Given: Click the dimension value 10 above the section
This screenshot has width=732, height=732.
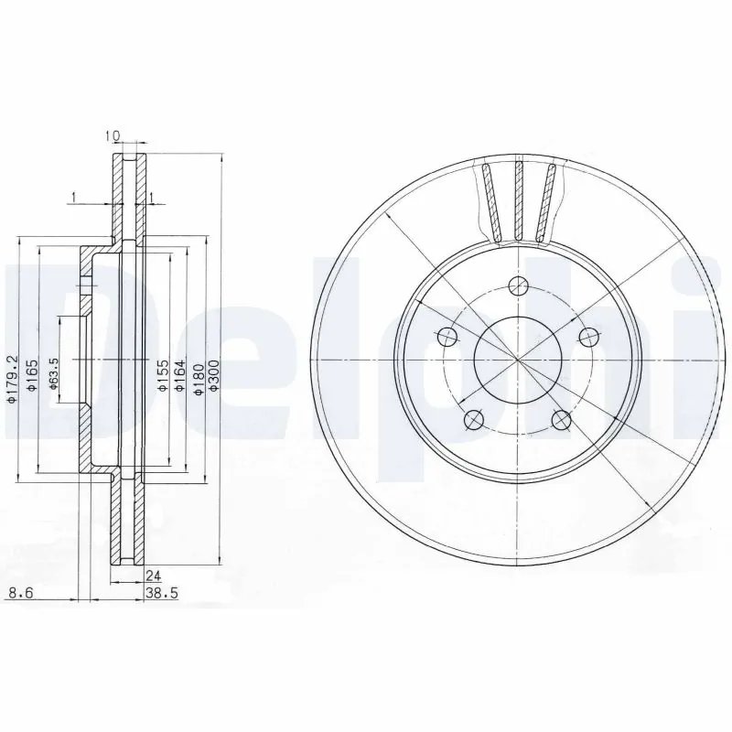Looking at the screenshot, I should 113,136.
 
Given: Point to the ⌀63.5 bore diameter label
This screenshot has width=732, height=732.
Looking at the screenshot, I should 55,377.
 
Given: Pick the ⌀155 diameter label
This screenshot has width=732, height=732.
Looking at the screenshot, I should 162,376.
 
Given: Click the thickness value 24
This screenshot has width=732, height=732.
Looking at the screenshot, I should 154,576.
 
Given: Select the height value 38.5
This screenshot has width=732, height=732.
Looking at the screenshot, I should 160,594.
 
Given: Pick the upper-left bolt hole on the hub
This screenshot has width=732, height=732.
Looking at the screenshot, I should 447,336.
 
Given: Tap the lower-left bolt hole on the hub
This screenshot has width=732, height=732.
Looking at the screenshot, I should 474,419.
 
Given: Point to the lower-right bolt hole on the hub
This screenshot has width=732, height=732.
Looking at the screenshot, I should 561,419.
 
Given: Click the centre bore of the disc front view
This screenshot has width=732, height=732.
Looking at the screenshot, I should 517,359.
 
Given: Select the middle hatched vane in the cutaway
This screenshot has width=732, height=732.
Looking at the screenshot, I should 518,201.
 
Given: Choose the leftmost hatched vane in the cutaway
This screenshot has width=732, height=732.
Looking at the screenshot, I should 490,201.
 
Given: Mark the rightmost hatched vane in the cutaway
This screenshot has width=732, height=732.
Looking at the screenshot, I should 547,201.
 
